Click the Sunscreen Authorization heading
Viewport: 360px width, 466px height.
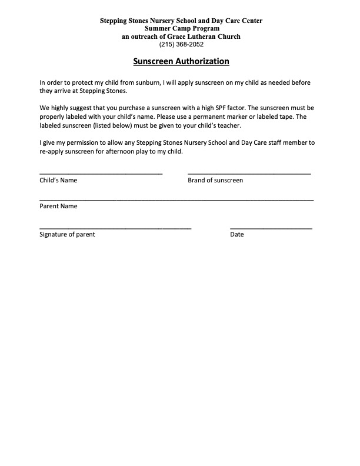pos(181,61)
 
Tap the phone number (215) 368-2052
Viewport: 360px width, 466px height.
pos(181,44)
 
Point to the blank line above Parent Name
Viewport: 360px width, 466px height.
pos(176,200)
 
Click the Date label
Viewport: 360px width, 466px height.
pos(237,235)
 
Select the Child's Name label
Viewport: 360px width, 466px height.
pos(58,181)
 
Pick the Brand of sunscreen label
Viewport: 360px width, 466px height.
pos(215,181)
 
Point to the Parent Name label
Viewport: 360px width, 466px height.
pos(58,207)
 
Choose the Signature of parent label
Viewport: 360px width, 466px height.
pos(67,235)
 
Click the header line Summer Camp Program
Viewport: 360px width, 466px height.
pos(181,29)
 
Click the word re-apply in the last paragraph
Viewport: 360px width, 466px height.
pos(52,152)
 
